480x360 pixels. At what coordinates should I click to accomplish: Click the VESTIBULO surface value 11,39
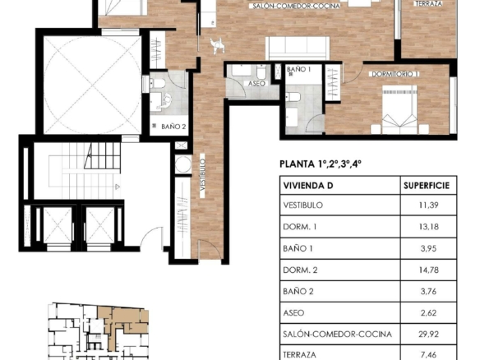click(x=428, y=205)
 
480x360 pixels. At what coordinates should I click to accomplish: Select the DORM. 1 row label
click(x=300, y=227)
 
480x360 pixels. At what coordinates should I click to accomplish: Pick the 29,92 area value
click(x=428, y=334)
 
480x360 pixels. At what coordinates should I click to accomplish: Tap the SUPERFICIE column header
click(x=427, y=186)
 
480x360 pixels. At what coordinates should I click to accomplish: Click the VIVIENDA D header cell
click(x=308, y=186)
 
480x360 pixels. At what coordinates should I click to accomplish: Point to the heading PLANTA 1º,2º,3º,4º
click(x=321, y=164)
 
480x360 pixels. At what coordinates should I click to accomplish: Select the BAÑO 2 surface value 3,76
click(x=428, y=291)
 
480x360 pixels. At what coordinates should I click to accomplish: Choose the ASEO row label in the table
click(x=293, y=313)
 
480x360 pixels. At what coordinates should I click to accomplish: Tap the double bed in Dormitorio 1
click(x=399, y=109)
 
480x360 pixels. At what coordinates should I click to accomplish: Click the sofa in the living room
click(x=298, y=48)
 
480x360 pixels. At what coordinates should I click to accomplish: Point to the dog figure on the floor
click(x=217, y=46)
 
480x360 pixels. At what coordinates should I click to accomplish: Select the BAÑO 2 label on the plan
click(x=173, y=126)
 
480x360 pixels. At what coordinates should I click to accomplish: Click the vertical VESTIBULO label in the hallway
click(x=203, y=175)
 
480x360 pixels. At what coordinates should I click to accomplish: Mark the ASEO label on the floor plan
click(x=256, y=83)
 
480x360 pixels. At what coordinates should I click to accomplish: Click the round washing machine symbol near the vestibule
click(x=183, y=164)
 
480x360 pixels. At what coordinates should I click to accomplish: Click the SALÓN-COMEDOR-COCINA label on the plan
click(x=296, y=6)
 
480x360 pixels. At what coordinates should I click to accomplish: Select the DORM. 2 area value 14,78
click(x=428, y=270)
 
